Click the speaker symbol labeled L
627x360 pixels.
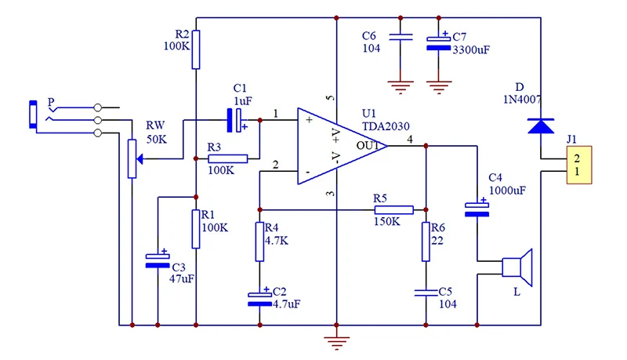(x=517, y=267)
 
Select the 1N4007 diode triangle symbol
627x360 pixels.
(x=541, y=125)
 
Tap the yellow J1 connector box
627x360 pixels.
(x=579, y=165)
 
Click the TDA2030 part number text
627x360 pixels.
(x=386, y=126)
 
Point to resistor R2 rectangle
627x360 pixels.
(x=195, y=49)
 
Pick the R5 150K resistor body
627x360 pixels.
(x=393, y=210)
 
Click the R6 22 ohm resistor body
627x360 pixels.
(x=426, y=242)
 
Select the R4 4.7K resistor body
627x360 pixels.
(x=259, y=242)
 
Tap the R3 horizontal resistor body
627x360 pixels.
(x=228, y=158)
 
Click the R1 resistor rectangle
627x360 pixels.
(x=195, y=229)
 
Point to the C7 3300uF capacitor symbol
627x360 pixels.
(x=439, y=43)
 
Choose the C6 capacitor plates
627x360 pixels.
(x=400, y=37)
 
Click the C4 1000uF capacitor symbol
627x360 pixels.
(x=477, y=209)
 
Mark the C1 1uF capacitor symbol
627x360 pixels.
(x=235, y=120)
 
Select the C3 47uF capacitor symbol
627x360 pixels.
(x=158, y=260)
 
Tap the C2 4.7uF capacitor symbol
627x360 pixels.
(x=259, y=298)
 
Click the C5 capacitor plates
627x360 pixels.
(x=426, y=293)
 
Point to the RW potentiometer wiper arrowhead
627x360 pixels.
(x=140, y=159)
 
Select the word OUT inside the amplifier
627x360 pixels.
(x=368, y=146)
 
